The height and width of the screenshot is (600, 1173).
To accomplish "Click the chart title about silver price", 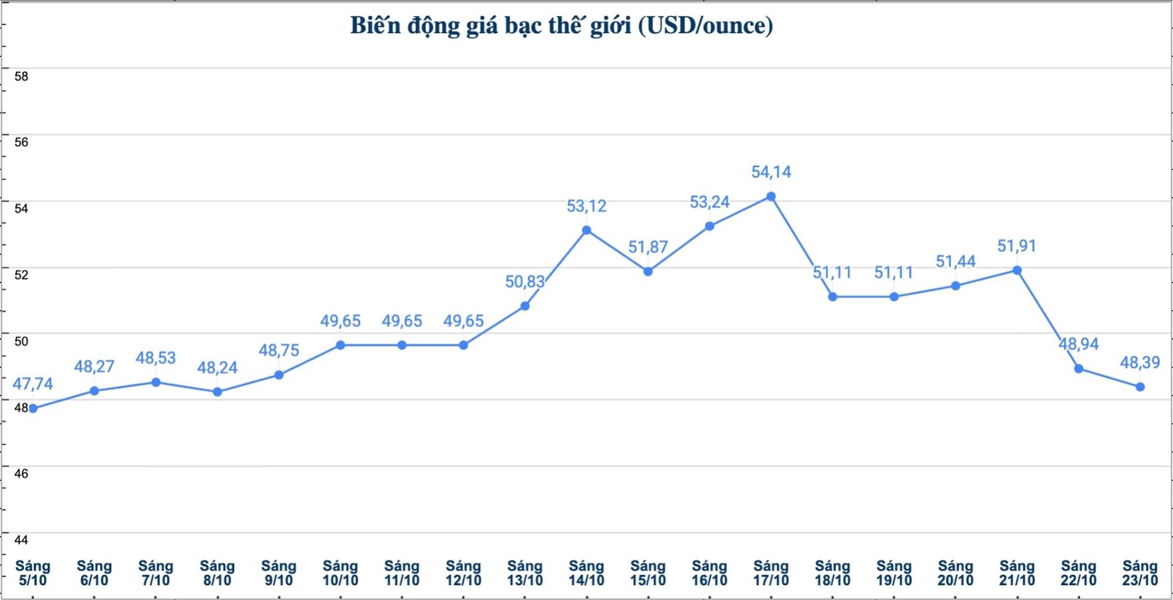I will pos(561,26).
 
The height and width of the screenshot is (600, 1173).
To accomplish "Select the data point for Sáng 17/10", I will pos(771,197).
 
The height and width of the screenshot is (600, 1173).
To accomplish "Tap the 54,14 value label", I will pos(771,172).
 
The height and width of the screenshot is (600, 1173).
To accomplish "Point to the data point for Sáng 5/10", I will pos(33,408).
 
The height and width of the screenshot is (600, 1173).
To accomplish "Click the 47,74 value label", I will pos(33,384).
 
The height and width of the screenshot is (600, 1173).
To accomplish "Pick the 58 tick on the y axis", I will pos(22,76).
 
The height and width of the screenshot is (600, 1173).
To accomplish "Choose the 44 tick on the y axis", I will pos(22,540).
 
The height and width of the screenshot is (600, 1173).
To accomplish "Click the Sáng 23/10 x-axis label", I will pos(1140,573).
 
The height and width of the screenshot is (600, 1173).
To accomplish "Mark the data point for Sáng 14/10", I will pos(586,230).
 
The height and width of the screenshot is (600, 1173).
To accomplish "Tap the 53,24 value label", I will pos(709,202).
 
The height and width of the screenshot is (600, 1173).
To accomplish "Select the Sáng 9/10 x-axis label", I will pos(279,573).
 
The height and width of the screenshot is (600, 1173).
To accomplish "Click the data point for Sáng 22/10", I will pos(1078,368).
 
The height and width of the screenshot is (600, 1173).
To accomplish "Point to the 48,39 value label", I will pos(1140,362).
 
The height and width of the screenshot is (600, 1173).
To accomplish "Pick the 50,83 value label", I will pos(525,282).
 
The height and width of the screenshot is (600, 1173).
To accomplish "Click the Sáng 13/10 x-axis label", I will pos(525,573).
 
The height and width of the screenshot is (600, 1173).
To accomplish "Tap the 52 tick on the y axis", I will pos(22,275).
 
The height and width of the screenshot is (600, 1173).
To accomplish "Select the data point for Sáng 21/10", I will pos(1017,270).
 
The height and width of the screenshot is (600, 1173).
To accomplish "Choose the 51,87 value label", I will pos(648,247).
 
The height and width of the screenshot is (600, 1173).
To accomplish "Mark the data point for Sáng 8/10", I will pos(218,392).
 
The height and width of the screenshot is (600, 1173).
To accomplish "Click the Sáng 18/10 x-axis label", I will pos(832,573).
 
